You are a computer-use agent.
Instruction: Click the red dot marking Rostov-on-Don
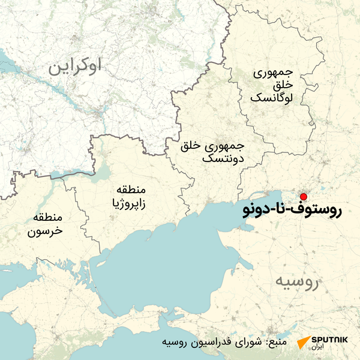pos(304,197)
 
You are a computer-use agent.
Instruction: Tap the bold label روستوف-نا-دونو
pos(291,211)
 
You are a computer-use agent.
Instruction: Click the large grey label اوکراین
pos(82,66)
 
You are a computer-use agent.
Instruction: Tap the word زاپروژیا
pos(130,205)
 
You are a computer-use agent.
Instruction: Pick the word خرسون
pos(47,230)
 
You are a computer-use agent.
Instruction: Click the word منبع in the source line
pos(292,343)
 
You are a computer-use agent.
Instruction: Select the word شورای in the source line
pos(262,343)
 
